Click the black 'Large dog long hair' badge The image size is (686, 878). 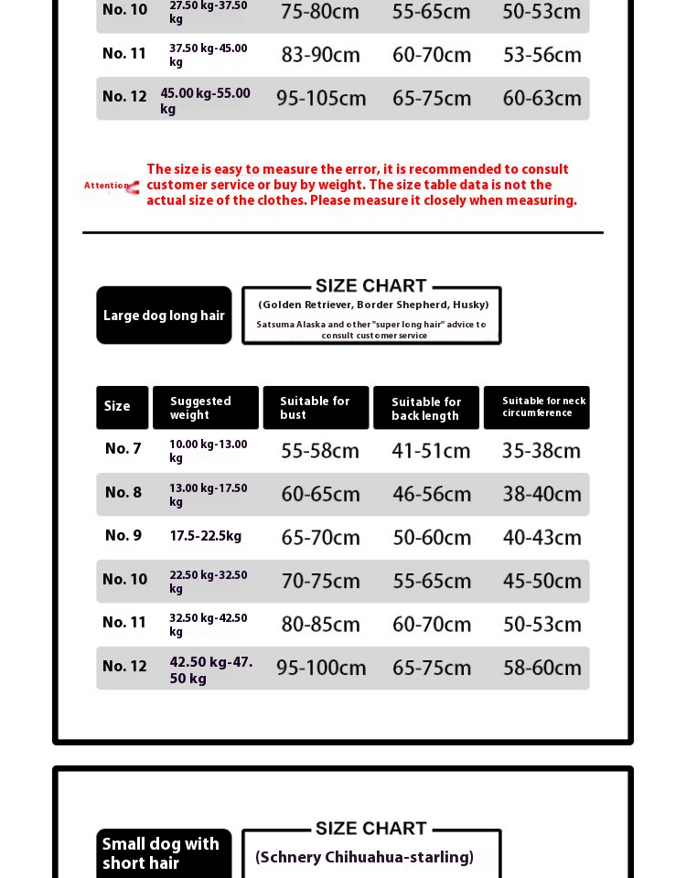coord(164,316)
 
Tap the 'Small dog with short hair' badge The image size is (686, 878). coord(163,853)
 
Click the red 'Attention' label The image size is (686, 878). coord(108,186)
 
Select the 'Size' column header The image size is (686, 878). coord(122,407)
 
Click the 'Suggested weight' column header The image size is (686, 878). coord(205,408)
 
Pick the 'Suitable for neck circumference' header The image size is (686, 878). coord(537,407)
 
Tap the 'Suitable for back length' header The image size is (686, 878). coord(426,408)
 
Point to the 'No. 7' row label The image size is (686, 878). coord(123,449)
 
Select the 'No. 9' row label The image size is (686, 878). coord(123,536)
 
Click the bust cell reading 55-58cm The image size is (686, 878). coord(320,451)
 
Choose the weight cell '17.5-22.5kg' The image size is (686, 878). coord(206,537)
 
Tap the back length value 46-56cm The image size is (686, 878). coord(432,495)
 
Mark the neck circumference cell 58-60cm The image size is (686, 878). coord(541,669)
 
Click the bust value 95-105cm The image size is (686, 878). coord(321,99)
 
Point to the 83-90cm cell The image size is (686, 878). coord(320,55)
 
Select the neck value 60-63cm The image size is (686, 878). coord(541,99)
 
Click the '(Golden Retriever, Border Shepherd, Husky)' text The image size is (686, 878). coord(373,305)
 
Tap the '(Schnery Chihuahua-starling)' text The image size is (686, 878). coord(364,857)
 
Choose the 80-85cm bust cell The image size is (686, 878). coord(320,625)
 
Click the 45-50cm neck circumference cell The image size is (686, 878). coord(541,582)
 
